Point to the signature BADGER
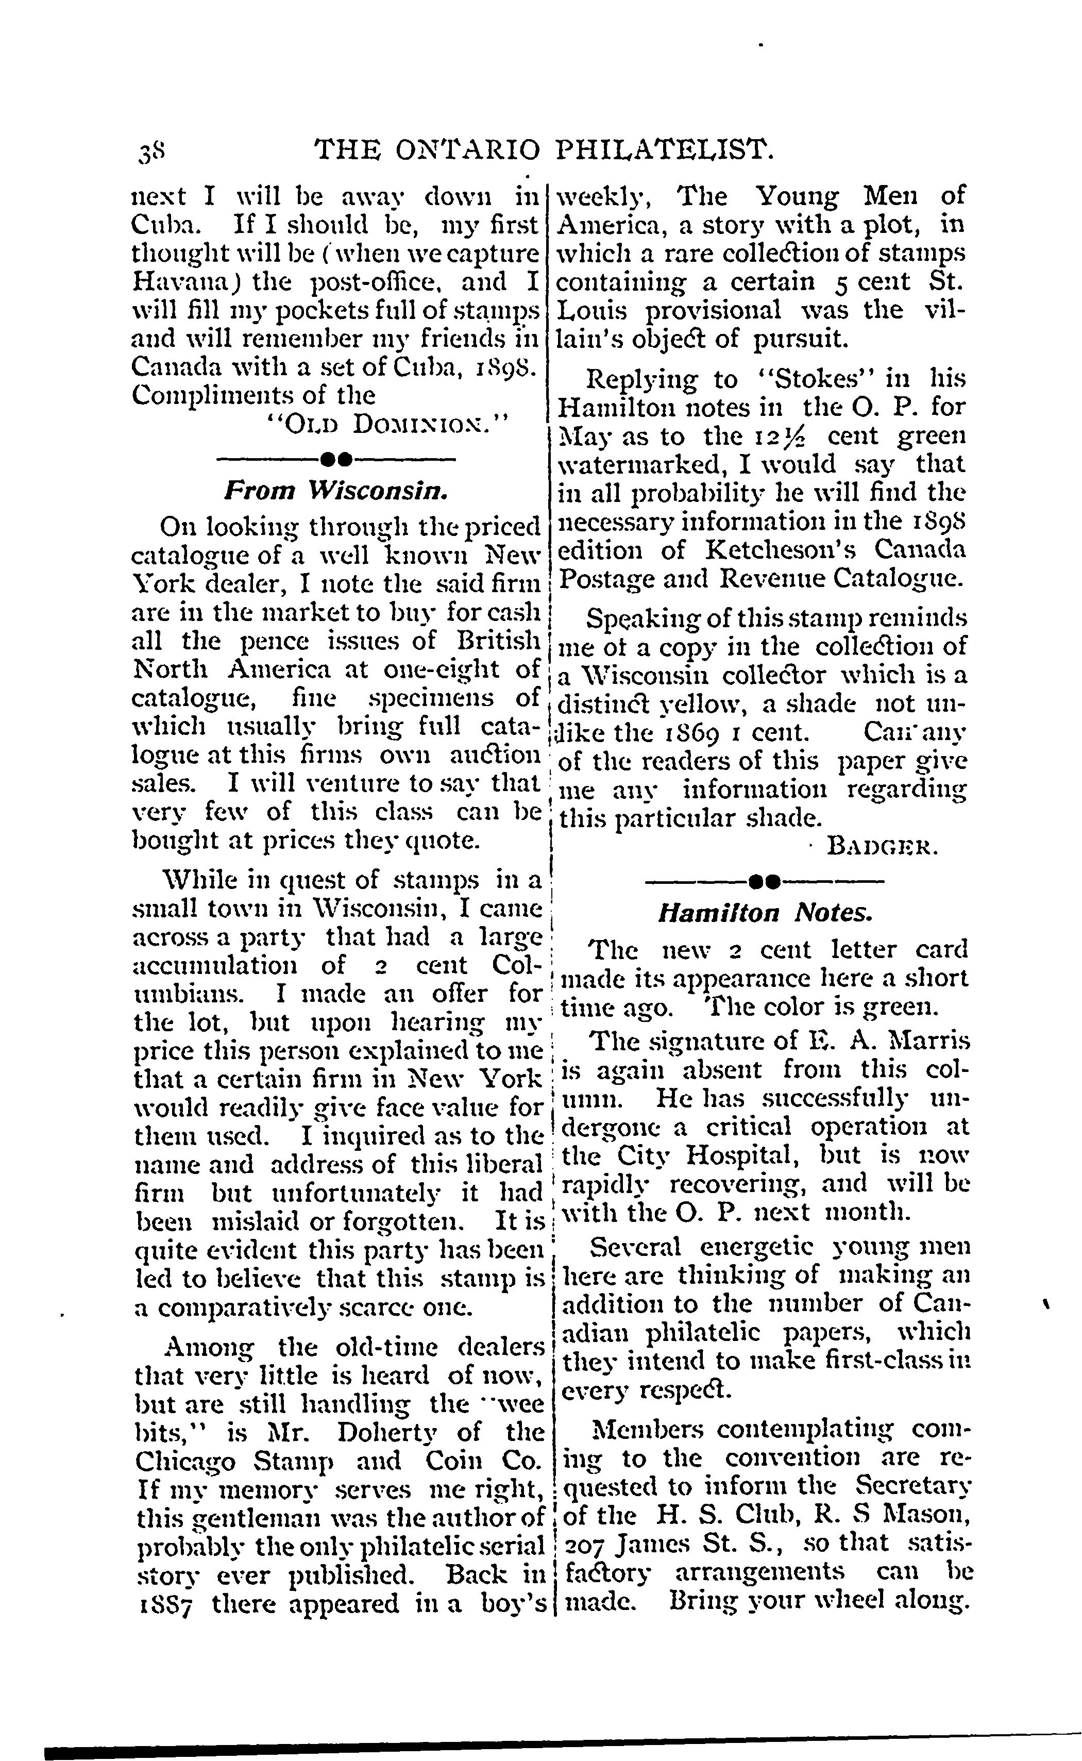pyautogui.click(x=881, y=848)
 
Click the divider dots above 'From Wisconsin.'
pyautogui.click(x=335, y=457)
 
